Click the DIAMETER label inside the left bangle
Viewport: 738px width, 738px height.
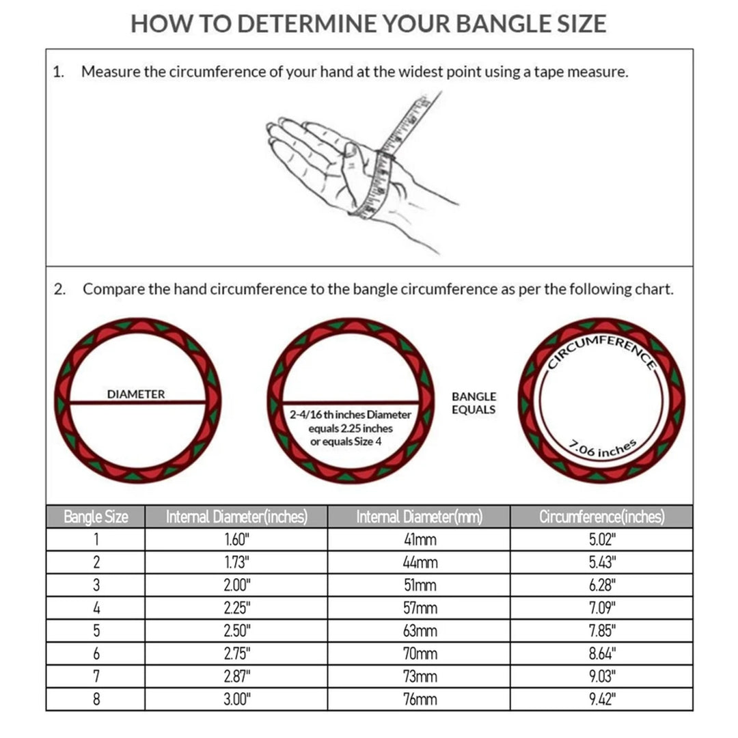click(136, 394)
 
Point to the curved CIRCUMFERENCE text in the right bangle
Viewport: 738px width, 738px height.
click(602, 350)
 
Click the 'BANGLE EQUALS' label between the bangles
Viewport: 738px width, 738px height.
click(474, 403)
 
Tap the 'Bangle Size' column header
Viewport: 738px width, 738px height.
click(96, 517)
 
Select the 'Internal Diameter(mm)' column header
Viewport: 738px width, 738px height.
click(419, 517)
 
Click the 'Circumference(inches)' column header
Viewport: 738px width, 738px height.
click(601, 517)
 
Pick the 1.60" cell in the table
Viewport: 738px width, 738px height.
click(236, 540)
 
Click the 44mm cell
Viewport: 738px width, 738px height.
click(420, 562)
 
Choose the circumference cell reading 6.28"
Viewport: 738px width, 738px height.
click(602, 586)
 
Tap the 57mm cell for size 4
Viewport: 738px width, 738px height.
click(420, 608)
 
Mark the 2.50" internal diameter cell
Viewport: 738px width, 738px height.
click(236, 631)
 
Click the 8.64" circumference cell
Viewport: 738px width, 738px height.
click(602, 654)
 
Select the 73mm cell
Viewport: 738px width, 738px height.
click(420, 676)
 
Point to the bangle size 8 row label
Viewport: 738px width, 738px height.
click(96, 699)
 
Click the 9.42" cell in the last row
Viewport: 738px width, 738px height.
click(602, 699)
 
